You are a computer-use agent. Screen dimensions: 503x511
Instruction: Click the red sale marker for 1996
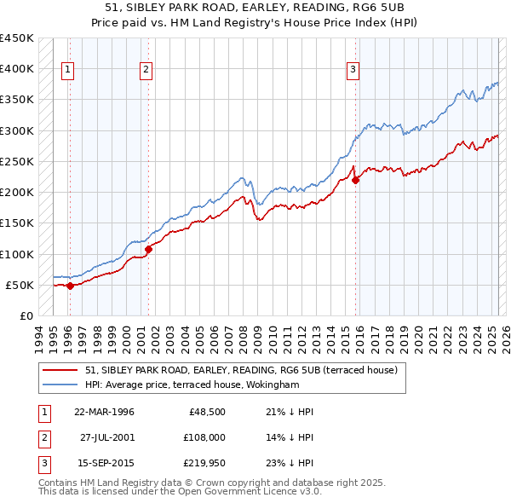click(x=70, y=286)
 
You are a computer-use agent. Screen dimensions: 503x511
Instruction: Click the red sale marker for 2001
click(x=148, y=249)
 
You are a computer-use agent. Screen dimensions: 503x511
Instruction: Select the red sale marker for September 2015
click(x=356, y=179)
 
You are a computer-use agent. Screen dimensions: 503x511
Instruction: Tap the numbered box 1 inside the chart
click(x=67, y=71)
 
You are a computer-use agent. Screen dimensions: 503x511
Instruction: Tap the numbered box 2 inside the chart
click(x=146, y=71)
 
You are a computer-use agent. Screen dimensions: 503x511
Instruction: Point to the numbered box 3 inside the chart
click(x=353, y=71)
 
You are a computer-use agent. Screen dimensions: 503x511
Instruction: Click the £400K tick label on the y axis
click(x=17, y=69)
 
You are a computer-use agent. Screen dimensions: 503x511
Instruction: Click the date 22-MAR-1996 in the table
click(x=105, y=412)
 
